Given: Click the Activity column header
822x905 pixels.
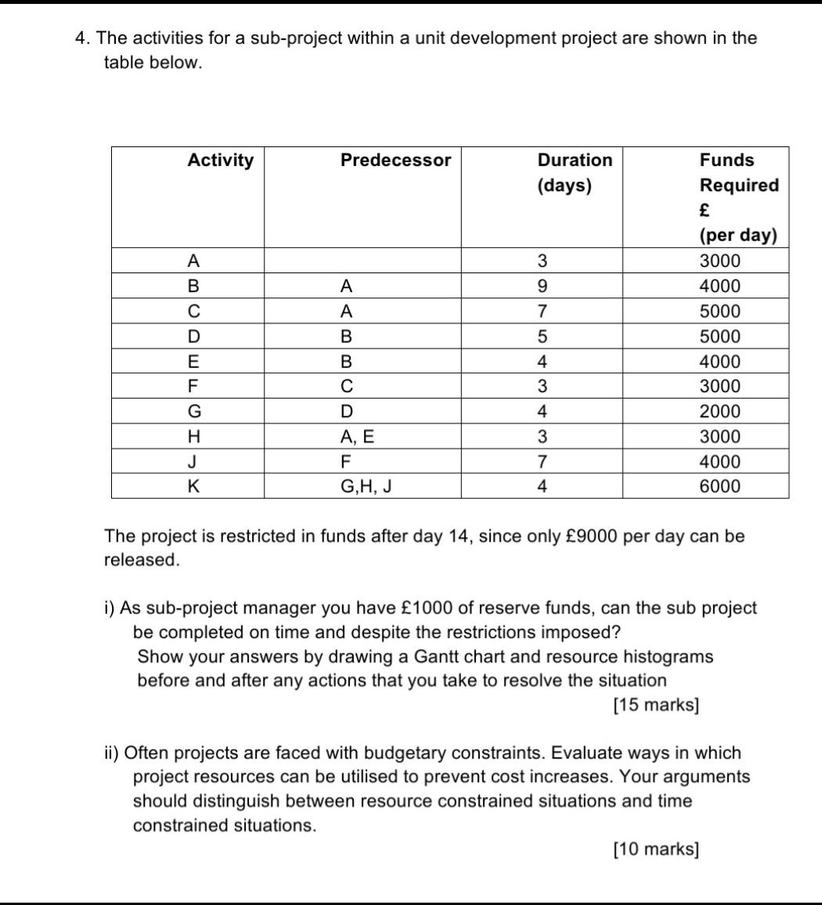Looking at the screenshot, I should [221, 160].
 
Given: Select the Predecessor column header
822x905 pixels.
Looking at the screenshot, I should [395, 160].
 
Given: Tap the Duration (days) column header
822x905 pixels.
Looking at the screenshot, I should [575, 172].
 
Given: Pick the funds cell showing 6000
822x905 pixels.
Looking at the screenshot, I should [719, 486].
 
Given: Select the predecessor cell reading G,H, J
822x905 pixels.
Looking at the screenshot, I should [366, 486].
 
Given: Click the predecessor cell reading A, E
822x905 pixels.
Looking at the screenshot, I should [357, 437].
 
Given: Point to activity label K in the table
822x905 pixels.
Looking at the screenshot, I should [193, 486].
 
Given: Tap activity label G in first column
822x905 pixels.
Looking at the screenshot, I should [193, 412].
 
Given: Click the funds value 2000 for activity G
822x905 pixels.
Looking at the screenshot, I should [719, 412].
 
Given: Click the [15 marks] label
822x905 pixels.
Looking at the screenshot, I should [656, 705].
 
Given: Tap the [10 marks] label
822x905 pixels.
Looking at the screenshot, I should [656, 849].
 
